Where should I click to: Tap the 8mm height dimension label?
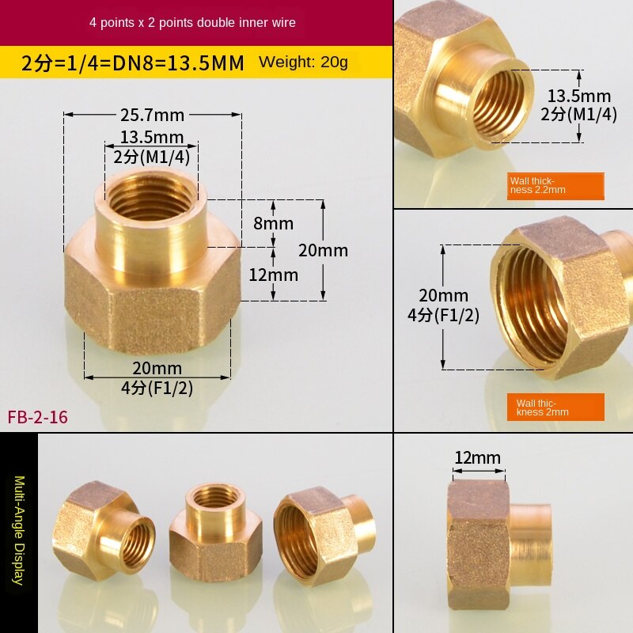click(x=273, y=223)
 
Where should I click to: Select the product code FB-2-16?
click(x=38, y=416)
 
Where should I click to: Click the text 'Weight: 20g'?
click(x=303, y=62)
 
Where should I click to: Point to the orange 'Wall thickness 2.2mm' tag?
click(x=555, y=185)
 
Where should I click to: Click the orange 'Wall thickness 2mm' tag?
click(x=555, y=407)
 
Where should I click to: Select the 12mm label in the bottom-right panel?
click(x=478, y=457)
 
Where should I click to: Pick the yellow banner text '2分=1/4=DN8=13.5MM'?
click(x=132, y=63)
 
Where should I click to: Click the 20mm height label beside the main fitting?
click(x=323, y=251)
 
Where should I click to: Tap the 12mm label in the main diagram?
click(x=273, y=275)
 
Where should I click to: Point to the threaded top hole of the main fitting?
click(x=150, y=197)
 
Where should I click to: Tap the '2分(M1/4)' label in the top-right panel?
click(x=579, y=113)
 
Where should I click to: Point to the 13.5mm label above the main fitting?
click(x=151, y=138)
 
